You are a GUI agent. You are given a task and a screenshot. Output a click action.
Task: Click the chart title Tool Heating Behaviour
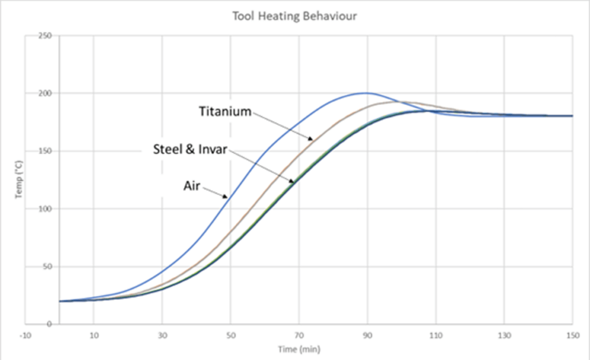294,16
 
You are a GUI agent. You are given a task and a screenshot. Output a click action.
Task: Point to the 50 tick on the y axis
47,266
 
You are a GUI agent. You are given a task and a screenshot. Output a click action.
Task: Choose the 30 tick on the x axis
162,335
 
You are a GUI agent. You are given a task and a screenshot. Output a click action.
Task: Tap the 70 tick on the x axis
299,335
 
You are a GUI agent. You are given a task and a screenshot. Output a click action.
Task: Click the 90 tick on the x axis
367,335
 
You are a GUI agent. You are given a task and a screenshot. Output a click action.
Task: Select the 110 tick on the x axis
436,335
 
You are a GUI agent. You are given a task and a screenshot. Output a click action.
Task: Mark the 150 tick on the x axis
572,335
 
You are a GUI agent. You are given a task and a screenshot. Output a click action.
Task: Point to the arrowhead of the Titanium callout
313,140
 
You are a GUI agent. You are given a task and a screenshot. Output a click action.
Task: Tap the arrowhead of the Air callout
228,198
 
